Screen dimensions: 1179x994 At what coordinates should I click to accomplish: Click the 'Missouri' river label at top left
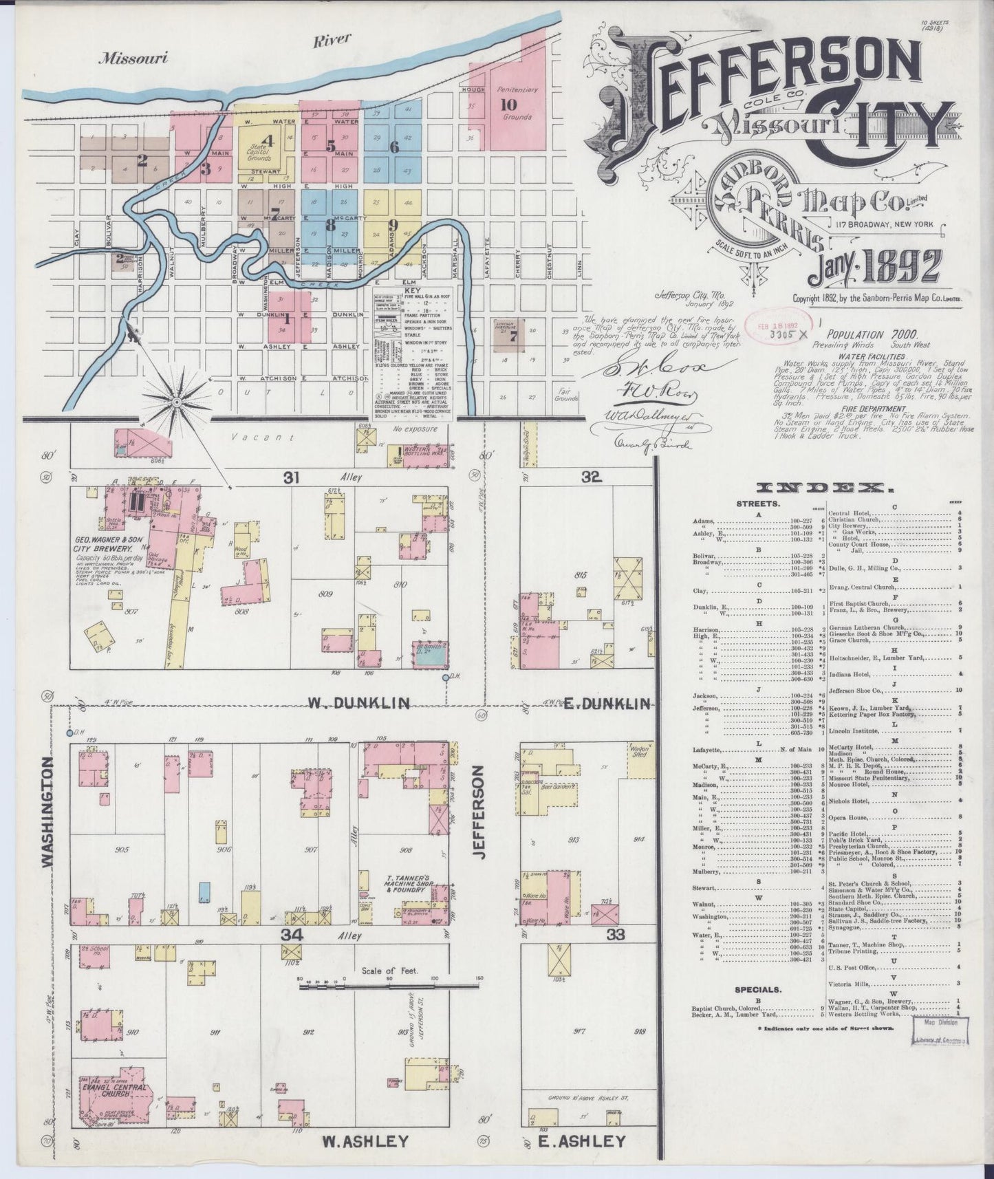133,58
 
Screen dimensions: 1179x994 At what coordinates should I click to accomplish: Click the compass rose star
176,401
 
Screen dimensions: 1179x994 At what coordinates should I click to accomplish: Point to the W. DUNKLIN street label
358,702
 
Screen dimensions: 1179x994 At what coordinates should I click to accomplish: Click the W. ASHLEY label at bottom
365,1141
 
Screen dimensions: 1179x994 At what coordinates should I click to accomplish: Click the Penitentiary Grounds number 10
508,105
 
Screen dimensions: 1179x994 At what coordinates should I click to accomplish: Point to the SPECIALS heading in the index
757,990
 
